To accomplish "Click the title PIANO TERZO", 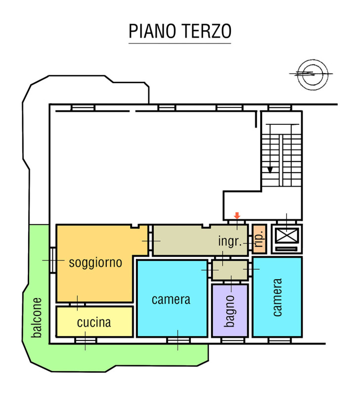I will pos(180,31).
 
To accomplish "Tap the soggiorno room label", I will pos(95,262).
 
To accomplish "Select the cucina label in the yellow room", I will pos(94,323).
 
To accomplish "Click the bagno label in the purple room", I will pos(229,311).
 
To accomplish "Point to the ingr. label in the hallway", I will pos(229,242).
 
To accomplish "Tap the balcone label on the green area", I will pos(36,317).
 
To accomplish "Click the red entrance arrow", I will pos(237,215).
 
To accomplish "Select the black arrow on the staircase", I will pos(270,169).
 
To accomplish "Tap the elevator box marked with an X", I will pos(287,235).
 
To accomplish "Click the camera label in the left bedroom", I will pos(171,299).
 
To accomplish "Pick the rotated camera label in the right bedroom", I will pos(277,297).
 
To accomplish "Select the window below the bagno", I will pos(232,341).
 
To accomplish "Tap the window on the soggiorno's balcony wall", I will pos(52,259).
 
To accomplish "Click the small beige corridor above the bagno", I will pos(229,270).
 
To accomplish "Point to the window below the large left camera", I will pos(178,341).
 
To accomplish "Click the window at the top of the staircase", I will pos(280,107).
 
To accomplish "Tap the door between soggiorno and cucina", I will pos(77,303).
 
